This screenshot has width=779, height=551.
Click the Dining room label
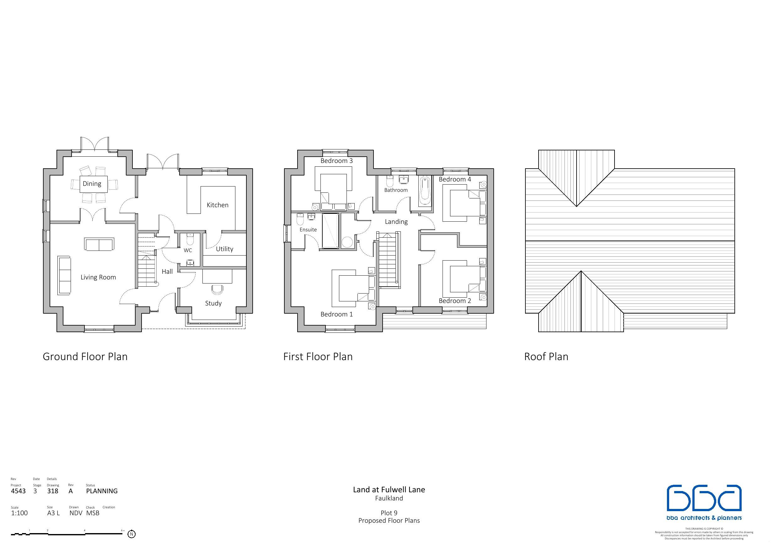click(x=92, y=184)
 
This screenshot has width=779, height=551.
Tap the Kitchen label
click(x=218, y=205)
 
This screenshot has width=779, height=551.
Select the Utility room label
click(x=225, y=249)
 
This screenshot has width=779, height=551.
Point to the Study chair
click(x=217, y=289)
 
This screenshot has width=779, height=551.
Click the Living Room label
click(x=98, y=277)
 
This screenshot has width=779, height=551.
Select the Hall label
click(x=167, y=272)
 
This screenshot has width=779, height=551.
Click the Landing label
click(x=396, y=222)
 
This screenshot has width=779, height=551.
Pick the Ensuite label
click(x=308, y=230)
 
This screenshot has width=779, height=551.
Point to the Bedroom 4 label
click(x=455, y=179)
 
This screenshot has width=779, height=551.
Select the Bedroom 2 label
click(x=455, y=301)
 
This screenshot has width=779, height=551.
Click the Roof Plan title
click(x=546, y=356)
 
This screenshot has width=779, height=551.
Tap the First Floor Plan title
click(x=318, y=356)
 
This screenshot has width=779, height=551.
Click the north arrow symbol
click(x=132, y=534)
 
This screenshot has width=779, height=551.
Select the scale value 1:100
click(x=19, y=513)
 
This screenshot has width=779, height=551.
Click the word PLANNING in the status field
click(x=102, y=491)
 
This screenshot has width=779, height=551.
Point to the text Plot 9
click(x=389, y=513)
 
